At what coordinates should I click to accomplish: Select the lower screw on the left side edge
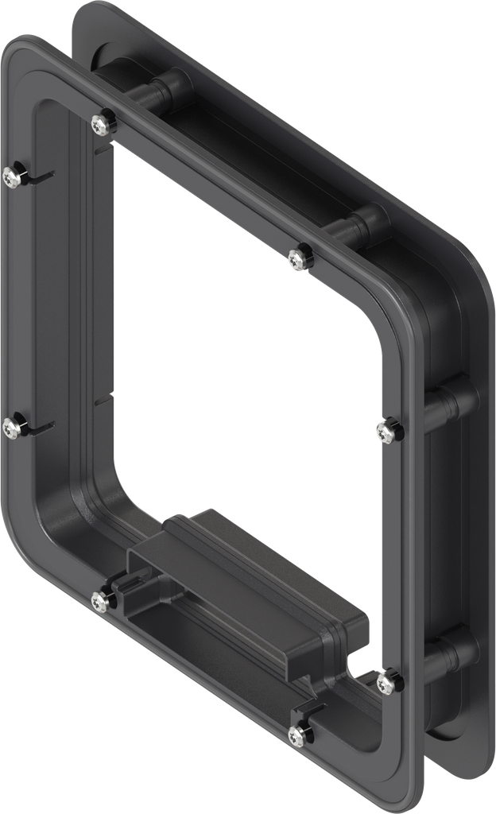tap(10, 428)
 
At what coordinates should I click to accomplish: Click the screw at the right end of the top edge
tap(298, 257)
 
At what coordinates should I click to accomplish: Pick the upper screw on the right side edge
tap(386, 432)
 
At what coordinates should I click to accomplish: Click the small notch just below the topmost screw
tap(101, 149)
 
